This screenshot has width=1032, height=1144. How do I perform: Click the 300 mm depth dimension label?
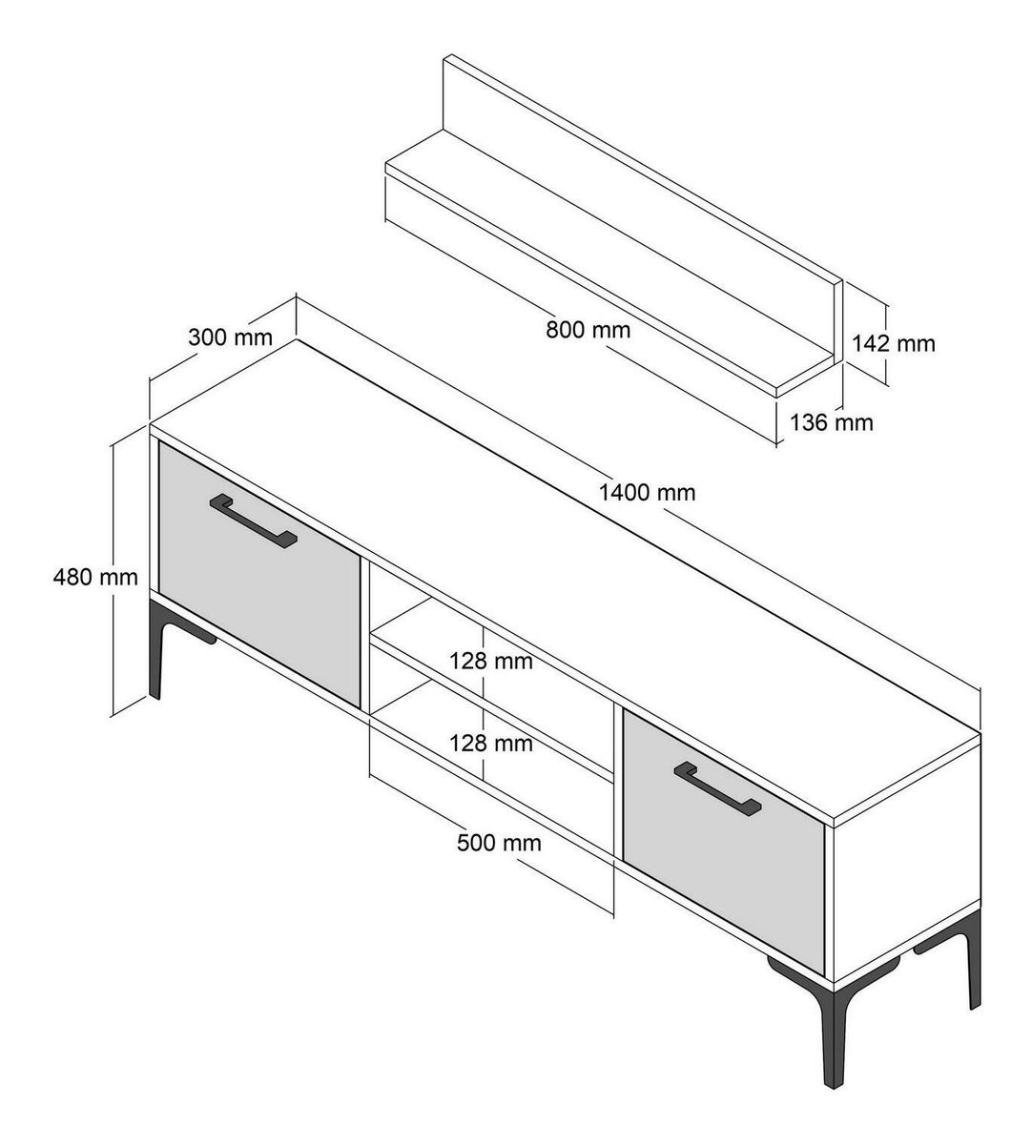tap(230, 337)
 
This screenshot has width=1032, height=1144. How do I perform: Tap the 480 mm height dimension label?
tap(95, 577)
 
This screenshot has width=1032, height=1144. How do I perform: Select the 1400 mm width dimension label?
tap(647, 492)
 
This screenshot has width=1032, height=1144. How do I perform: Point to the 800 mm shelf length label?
tap(588, 330)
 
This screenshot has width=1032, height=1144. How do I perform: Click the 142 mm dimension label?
tap(894, 343)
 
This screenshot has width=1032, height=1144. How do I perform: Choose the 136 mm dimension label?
tap(831, 422)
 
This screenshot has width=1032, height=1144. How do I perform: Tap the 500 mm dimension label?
tap(499, 843)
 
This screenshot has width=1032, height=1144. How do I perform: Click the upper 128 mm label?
tap(491, 661)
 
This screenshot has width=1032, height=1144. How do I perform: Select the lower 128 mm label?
tap(491, 743)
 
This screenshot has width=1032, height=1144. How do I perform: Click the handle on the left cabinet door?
tap(254, 522)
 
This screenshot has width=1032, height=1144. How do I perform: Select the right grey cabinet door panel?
tap(724, 842)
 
